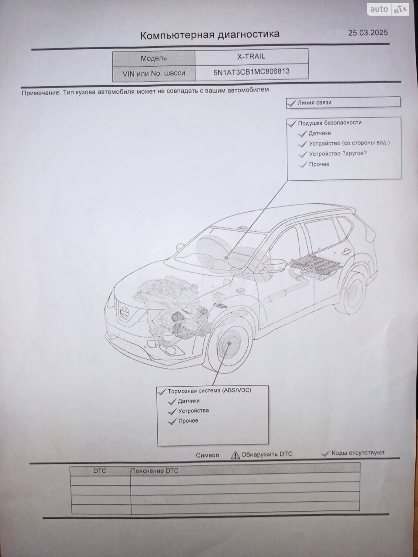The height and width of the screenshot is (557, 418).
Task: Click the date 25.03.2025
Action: click(368, 33)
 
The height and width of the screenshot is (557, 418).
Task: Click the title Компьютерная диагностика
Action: click(210, 34)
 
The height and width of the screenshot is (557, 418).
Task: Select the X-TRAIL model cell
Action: click(251, 56)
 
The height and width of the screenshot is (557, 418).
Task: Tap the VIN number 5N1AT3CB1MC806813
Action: click(251, 72)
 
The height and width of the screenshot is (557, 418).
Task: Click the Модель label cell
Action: click(154, 58)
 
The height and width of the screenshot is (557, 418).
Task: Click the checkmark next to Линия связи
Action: click(291, 103)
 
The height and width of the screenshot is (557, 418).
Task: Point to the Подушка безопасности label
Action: click(330, 123)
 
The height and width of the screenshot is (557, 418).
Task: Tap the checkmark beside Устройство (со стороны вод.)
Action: click(302, 144)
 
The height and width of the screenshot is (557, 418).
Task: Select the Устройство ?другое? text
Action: click(337, 154)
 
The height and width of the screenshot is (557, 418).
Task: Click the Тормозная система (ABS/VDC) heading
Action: click(209, 391)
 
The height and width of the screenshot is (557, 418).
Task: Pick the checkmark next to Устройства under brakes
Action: click(172, 411)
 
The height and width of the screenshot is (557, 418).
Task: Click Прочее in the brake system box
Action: click(188, 421)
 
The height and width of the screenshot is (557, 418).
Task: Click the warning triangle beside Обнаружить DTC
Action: click(236, 455)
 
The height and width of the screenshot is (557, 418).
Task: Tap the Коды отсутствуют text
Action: click(358, 453)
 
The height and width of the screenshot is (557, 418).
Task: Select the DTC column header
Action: click(100, 471)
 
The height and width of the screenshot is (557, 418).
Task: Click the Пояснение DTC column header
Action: click(155, 471)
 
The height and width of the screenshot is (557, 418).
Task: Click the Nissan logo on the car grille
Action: click(125, 312)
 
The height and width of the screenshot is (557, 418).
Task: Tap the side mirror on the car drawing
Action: click(274, 265)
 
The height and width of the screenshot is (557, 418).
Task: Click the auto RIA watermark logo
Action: click(388, 10)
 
